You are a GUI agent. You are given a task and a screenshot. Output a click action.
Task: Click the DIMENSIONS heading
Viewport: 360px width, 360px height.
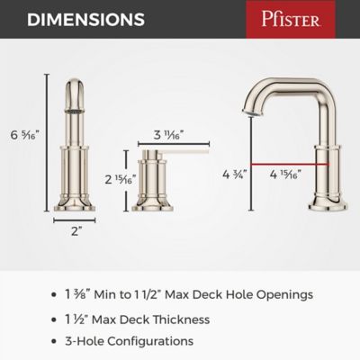[x=76, y=19]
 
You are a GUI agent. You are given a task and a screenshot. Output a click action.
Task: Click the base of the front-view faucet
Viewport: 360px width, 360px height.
[x=74, y=203]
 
